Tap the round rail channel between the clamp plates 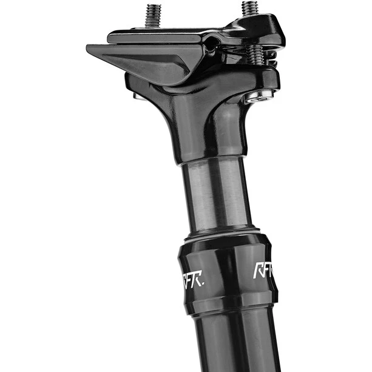[x=211, y=44]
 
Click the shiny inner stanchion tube [x=215, y=194]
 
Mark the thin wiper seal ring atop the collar [x=222, y=234]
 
